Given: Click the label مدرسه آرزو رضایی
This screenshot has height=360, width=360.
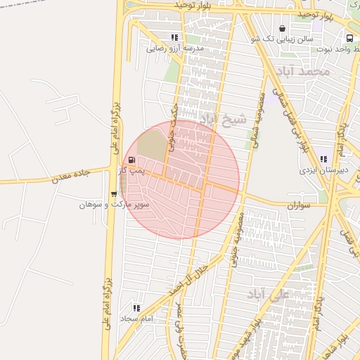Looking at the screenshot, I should [x=175, y=49].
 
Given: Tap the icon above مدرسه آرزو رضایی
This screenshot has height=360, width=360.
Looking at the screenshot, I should [x=174, y=37].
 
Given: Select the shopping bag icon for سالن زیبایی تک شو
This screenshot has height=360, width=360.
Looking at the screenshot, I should [x=282, y=29].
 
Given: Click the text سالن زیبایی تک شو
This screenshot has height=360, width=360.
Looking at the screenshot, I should [x=283, y=39].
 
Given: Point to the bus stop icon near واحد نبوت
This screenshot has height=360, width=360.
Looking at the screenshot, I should [x=349, y=38].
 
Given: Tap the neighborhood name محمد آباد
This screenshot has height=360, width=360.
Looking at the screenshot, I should [x=304, y=72].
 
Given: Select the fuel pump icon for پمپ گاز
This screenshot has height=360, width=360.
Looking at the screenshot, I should [x=132, y=160].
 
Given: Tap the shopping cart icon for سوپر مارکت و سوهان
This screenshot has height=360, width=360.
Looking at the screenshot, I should [x=114, y=194].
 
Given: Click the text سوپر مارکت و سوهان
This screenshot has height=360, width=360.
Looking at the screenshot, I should [x=104, y=205].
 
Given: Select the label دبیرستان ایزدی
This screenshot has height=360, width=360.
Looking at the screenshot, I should [x=321, y=170].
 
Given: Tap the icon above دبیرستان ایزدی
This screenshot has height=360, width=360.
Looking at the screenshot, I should [x=323, y=159].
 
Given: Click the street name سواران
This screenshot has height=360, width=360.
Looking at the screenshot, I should [x=299, y=205].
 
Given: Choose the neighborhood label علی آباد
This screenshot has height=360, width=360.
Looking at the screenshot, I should [x=269, y=295].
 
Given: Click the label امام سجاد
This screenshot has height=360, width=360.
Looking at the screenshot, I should [x=136, y=319].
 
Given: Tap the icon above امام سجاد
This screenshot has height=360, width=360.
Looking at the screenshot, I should [x=136, y=308].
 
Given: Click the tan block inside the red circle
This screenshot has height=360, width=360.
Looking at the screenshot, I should [x=151, y=144].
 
